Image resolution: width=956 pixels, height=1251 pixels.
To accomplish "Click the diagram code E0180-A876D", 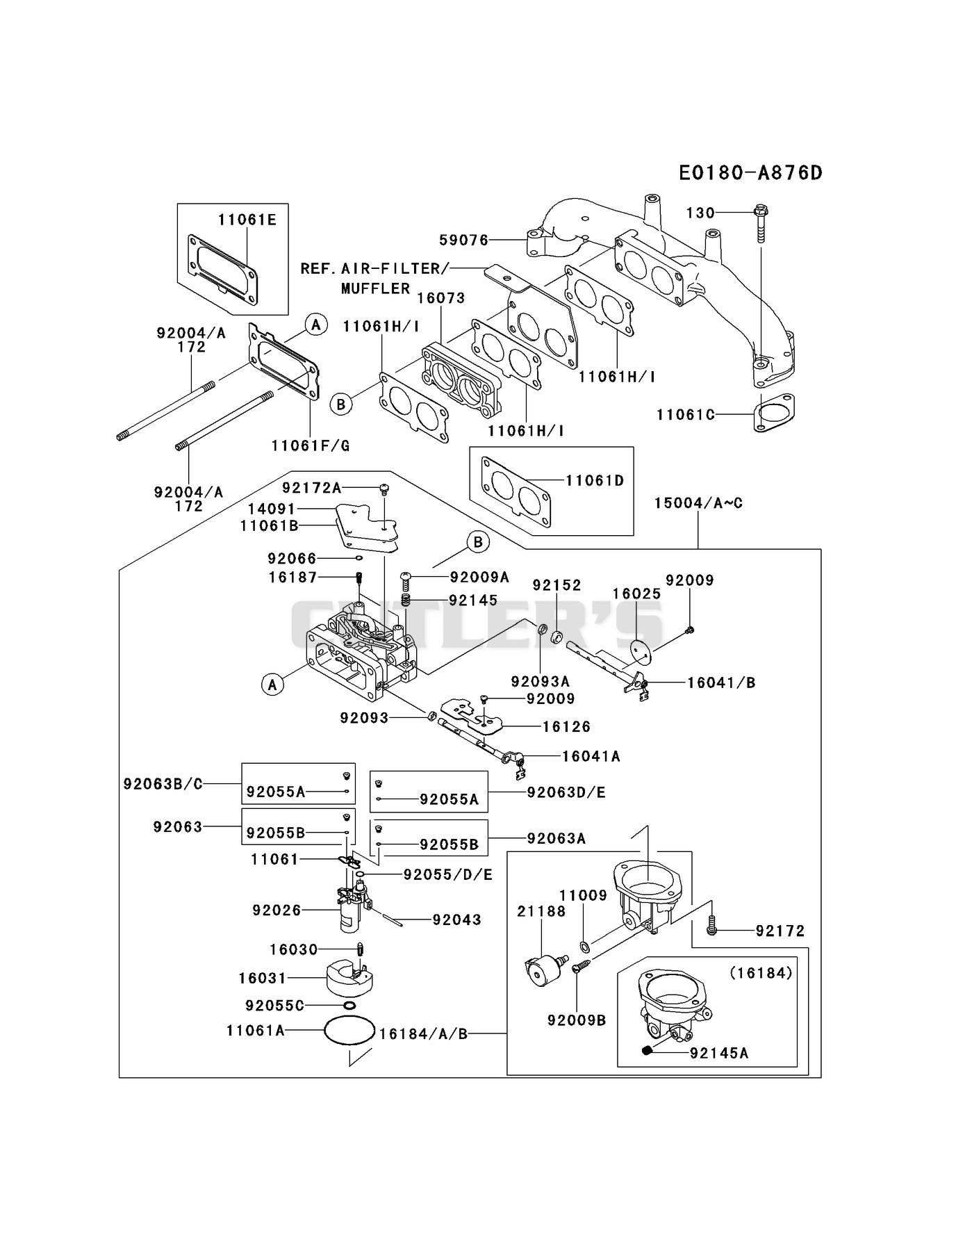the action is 750,172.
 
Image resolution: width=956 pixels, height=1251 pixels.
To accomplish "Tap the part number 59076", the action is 463,240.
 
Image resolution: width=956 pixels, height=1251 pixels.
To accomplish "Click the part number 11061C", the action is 685,415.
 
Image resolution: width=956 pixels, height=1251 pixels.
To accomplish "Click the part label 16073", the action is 441,298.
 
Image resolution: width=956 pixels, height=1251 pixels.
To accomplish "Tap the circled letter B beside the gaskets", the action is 341,404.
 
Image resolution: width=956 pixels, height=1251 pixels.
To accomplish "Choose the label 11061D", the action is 595,480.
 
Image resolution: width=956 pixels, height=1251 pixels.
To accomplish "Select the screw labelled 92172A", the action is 383,489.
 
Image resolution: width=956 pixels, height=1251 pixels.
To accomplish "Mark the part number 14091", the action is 272,509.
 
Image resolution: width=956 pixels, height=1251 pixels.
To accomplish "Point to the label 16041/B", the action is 721,682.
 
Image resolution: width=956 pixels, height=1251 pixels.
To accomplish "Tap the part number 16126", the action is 566,726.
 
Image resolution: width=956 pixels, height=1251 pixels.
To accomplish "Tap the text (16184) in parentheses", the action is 761,974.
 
